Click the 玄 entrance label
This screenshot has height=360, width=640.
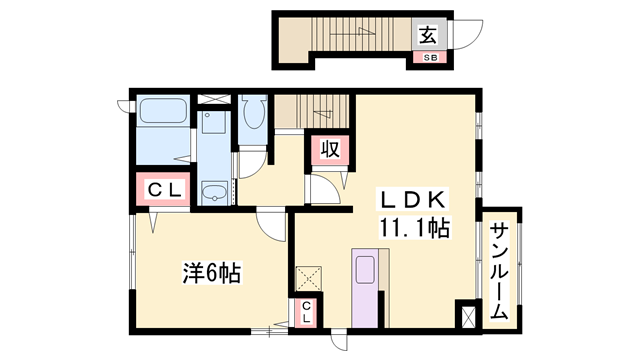click(428, 36)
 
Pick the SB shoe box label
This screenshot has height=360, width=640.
click(428, 58)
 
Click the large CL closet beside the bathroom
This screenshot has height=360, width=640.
click(159, 188)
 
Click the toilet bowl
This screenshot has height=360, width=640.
click(251, 115)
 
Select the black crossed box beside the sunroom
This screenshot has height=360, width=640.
click(467, 315)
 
